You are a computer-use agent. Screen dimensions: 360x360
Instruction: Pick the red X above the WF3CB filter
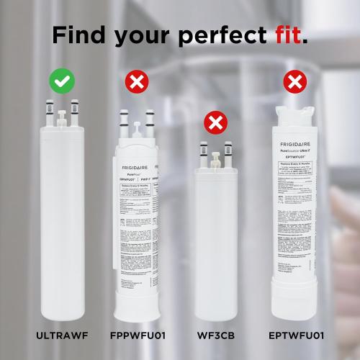tap(214, 123)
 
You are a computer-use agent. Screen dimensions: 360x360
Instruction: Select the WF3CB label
tap(215, 335)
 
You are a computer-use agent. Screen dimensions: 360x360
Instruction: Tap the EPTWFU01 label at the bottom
tap(294, 335)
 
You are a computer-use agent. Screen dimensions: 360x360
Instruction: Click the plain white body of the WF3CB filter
tap(215, 245)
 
